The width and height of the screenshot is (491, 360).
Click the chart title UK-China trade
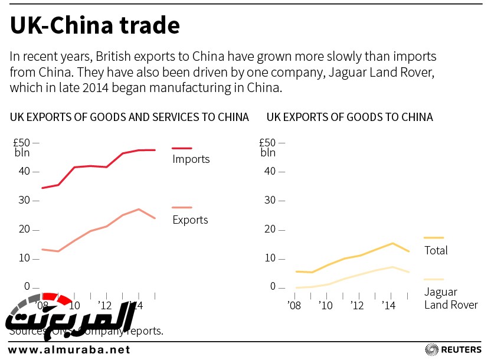tap(94, 26)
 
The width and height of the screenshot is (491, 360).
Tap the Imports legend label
tap(191, 159)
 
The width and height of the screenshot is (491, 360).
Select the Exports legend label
tap(190, 220)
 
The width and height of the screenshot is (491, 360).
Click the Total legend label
tap(436, 250)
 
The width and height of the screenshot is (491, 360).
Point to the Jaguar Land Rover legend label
tap(451, 298)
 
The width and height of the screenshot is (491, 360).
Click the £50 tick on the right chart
tap(267, 142)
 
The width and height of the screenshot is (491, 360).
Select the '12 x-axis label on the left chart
tap(106, 306)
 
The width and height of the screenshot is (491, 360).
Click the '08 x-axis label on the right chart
tap(293, 306)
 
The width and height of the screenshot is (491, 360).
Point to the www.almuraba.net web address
tap(69, 349)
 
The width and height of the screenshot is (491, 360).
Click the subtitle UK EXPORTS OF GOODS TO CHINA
tap(350, 117)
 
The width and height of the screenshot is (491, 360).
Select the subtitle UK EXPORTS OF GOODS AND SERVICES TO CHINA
tap(129, 117)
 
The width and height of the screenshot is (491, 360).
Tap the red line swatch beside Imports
tap(182, 148)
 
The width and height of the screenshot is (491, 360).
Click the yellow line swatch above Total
tap(434, 237)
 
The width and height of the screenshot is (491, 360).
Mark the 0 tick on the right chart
tap(273, 287)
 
